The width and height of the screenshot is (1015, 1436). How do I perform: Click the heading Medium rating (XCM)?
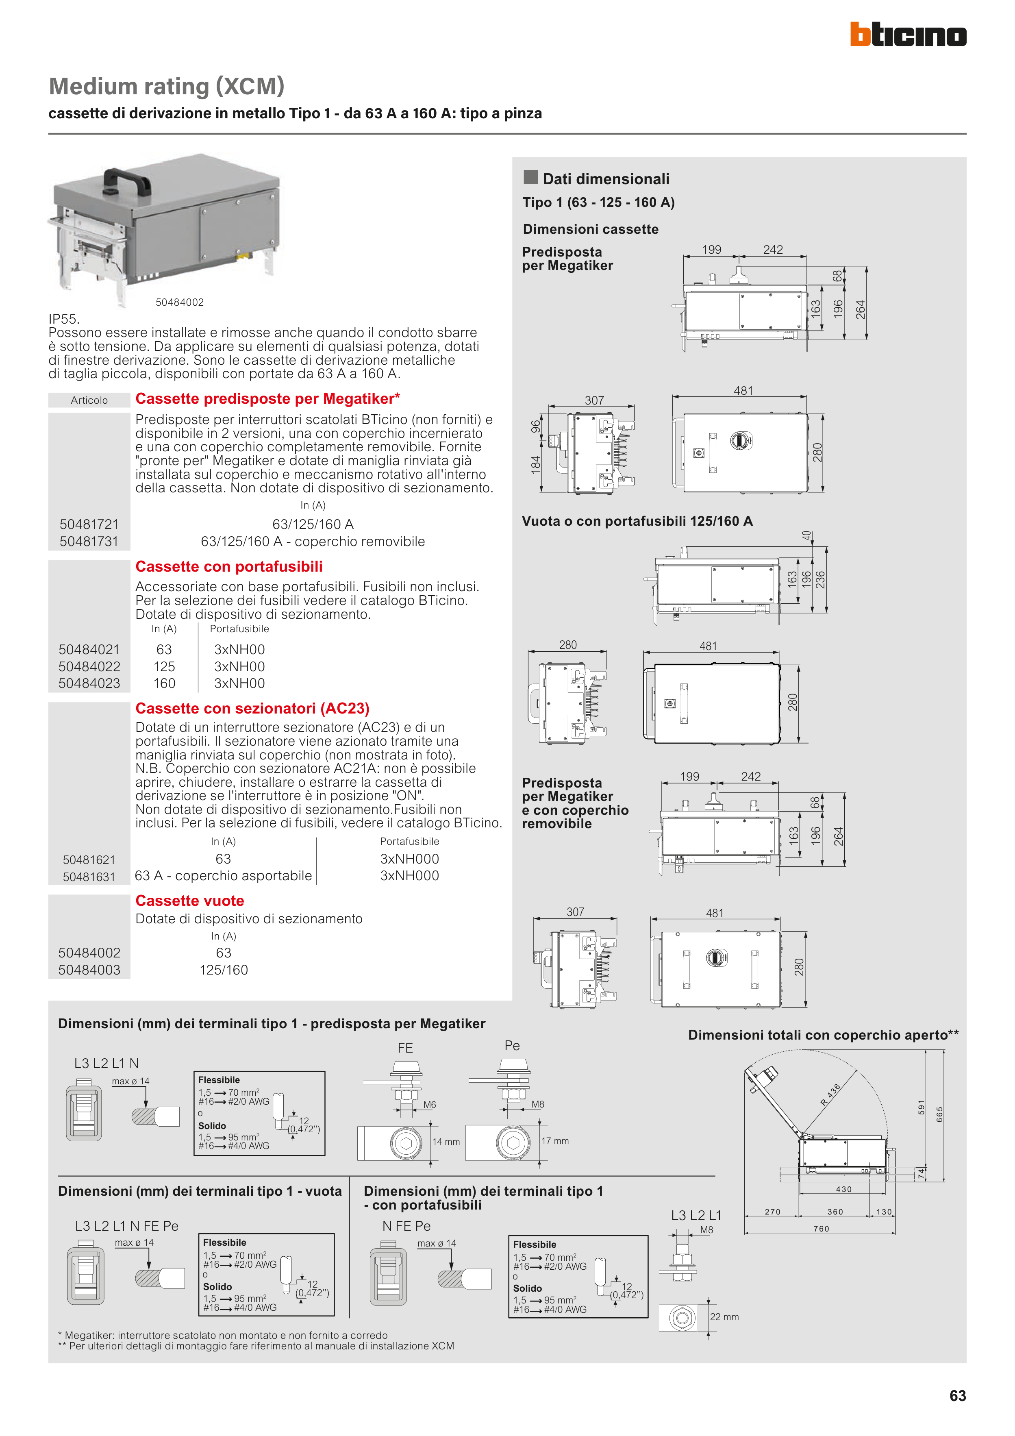coord(166,86)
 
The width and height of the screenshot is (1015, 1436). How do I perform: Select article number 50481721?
coord(89,524)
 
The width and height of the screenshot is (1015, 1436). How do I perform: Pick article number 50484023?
coord(89,683)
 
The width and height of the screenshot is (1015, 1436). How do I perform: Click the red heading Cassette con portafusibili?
coord(229,567)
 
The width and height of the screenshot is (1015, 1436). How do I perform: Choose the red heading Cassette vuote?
coord(189,901)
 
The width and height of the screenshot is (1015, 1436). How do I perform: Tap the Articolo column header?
coord(89,400)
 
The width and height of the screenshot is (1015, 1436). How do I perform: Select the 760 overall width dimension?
coord(821,1229)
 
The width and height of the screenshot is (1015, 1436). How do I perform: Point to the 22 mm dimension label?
coord(724,1316)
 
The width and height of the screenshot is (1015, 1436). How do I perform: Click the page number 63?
coord(957,1395)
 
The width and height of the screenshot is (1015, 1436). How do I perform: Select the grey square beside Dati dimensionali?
coord(530,178)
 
